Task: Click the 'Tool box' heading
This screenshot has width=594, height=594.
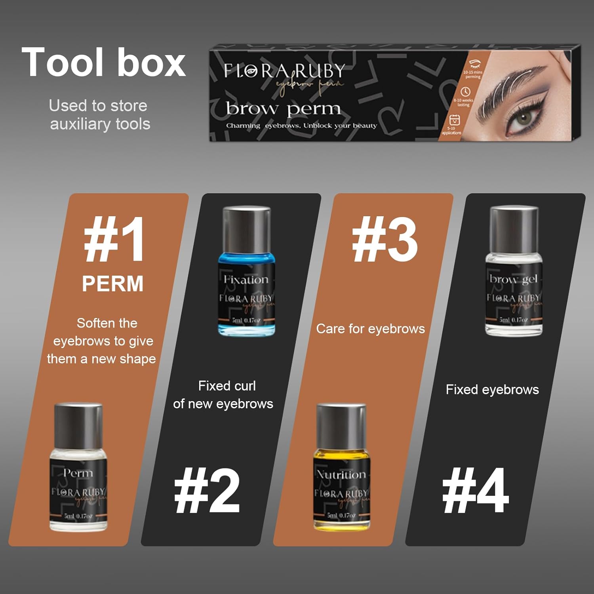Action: click(x=103, y=63)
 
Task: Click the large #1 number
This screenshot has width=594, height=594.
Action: click(x=114, y=240)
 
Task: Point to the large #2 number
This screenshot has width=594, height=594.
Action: click(x=207, y=491)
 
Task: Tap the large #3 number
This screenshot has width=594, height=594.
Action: click(x=384, y=240)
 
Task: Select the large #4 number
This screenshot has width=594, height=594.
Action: click(x=475, y=491)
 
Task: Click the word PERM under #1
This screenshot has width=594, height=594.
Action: click(x=112, y=284)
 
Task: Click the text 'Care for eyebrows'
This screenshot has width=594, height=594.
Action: click(x=370, y=329)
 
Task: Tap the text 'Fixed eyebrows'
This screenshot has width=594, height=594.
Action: click(x=492, y=390)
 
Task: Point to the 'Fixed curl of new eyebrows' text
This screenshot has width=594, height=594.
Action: click(x=223, y=395)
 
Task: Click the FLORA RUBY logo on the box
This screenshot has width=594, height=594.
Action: click(x=284, y=72)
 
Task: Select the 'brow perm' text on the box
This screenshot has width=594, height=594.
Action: click(x=283, y=109)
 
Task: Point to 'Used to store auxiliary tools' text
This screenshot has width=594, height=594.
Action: click(x=99, y=115)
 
